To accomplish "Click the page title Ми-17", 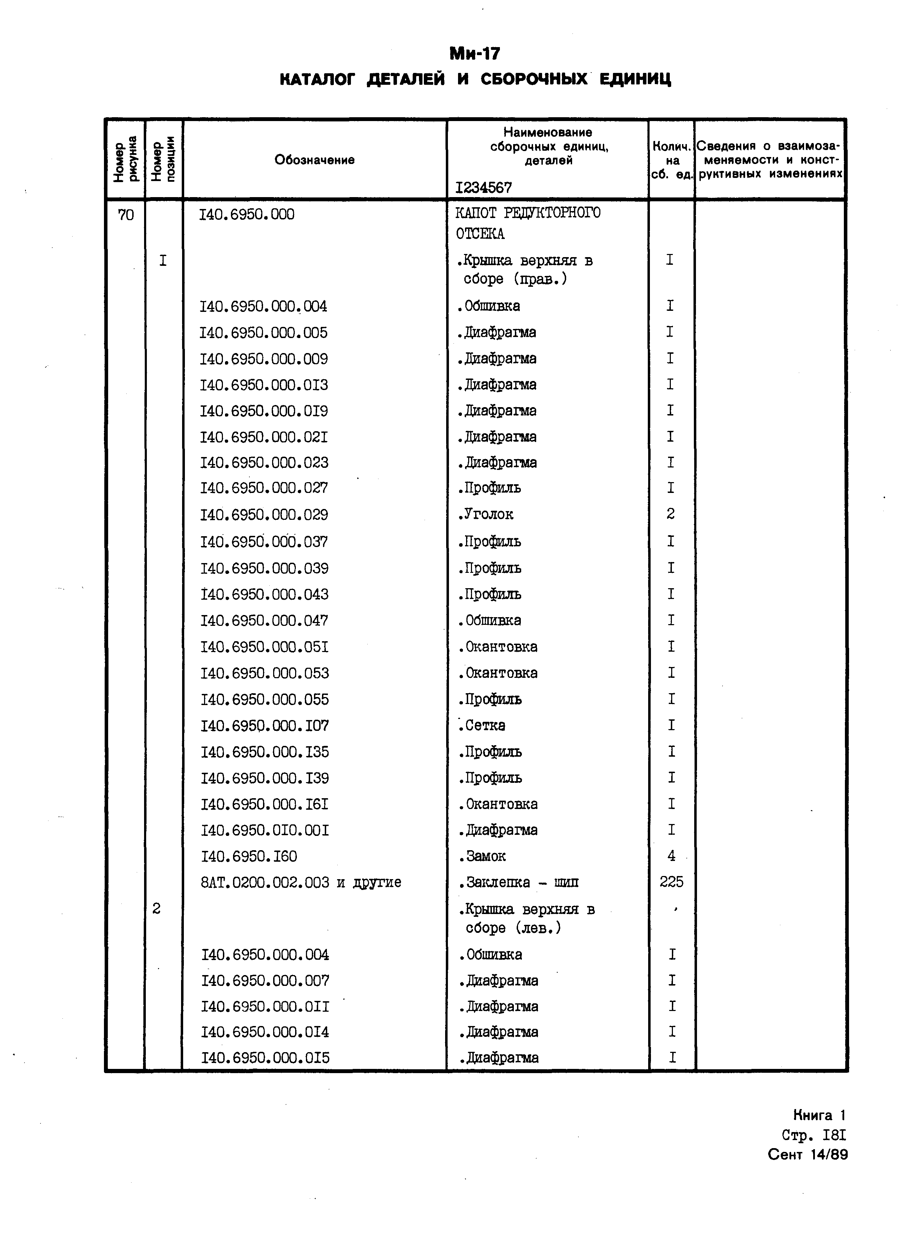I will click(474, 54).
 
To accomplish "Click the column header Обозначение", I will click(315, 160).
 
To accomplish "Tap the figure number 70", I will click(126, 215).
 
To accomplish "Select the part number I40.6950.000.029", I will click(264, 515).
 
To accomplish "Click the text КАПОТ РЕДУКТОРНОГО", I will click(528, 213).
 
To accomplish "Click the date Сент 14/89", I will click(808, 1155).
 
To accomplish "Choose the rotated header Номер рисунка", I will click(126, 159).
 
